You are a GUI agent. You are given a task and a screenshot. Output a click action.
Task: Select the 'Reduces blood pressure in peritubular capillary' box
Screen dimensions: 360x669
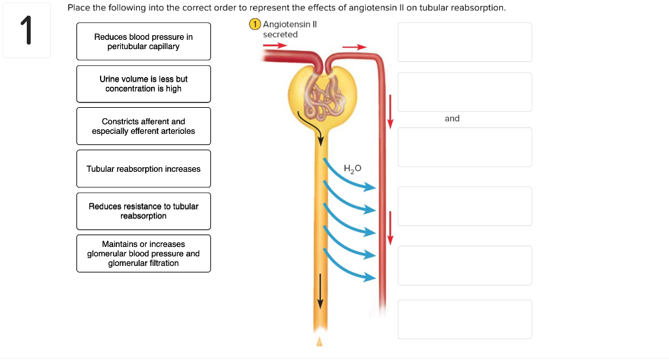pyautogui.click(x=144, y=42)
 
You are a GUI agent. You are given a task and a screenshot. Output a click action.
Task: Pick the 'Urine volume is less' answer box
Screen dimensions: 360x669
pyautogui.click(x=144, y=84)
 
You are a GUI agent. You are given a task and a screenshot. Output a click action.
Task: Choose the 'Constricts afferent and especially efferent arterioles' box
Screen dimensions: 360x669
pyautogui.click(x=144, y=126)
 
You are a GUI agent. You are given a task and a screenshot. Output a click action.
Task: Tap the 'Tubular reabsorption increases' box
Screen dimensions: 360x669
pyautogui.click(x=144, y=169)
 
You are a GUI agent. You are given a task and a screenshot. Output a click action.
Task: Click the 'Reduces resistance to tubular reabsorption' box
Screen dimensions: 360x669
pyautogui.click(x=144, y=211)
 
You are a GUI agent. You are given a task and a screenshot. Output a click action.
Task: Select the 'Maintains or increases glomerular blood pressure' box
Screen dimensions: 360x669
pyautogui.click(x=144, y=254)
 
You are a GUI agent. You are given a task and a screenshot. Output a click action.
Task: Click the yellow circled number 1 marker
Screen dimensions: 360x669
pyautogui.click(x=255, y=25)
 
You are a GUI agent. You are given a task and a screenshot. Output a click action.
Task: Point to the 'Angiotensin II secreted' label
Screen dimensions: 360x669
pyautogui.click(x=287, y=29)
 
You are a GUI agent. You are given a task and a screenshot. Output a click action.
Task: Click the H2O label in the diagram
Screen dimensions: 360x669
pyautogui.click(x=352, y=169)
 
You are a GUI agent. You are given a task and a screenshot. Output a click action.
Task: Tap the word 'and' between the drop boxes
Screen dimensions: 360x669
pyautogui.click(x=452, y=118)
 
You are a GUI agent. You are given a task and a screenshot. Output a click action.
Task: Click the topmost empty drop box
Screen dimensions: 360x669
pyautogui.click(x=465, y=42)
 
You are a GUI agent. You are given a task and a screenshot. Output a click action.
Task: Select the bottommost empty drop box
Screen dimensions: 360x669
pyautogui.click(x=465, y=319)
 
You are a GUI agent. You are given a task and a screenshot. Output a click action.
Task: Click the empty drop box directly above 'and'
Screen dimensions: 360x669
pyautogui.click(x=465, y=92)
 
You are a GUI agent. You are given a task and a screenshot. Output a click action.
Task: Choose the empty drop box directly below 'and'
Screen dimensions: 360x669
pyautogui.click(x=465, y=147)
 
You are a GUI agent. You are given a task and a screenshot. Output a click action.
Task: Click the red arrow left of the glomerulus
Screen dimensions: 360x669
pyautogui.click(x=275, y=46)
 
